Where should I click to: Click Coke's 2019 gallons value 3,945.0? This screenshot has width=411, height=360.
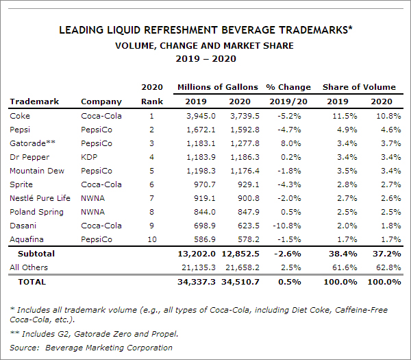[201, 116]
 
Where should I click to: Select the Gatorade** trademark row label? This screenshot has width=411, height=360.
[32, 143]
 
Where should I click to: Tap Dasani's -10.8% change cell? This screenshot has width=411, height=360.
[287, 226]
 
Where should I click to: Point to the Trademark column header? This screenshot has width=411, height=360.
[34, 101]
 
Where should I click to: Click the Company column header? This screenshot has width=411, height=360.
[101, 101]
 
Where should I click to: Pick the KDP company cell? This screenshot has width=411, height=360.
[89, 157]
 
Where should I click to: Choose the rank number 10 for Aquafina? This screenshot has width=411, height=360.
[152, 239]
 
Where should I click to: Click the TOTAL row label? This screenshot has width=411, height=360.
[32, 282]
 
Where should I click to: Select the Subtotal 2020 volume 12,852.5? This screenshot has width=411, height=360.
[240, 254]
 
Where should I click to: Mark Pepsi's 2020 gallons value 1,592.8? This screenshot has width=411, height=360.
[245, 130]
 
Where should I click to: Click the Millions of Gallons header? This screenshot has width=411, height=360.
[218, 87]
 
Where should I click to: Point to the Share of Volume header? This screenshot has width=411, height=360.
[359, 87]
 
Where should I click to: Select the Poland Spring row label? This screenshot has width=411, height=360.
[37, 212]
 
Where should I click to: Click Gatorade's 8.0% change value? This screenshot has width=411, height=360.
[291, 143]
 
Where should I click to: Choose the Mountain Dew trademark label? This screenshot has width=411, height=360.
[37, 171]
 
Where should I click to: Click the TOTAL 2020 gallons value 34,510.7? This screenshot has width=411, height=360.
[240, 282]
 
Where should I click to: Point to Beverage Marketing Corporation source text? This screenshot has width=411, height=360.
[109, 348]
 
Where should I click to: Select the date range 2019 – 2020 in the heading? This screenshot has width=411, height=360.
[206, 58]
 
